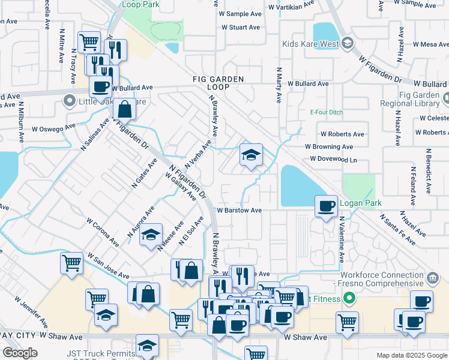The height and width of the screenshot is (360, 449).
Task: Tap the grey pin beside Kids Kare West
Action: coord(348,43)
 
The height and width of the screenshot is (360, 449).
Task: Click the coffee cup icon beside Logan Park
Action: coord(327,206)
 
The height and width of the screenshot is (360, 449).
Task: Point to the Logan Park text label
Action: coord(357,203)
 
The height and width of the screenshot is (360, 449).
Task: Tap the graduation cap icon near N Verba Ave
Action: coord(251,155)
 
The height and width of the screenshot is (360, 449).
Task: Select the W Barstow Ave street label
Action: coord(240,211)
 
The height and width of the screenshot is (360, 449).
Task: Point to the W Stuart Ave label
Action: coord(241,28)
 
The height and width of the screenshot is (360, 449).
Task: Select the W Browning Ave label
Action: coord(329,146)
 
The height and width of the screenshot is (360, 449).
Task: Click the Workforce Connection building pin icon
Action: coord(432,278)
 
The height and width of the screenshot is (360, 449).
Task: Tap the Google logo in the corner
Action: coord(20,353)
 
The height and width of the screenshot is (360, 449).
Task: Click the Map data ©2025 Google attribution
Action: coord(411,355)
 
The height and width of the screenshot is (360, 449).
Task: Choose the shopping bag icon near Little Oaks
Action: coord(124,110)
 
